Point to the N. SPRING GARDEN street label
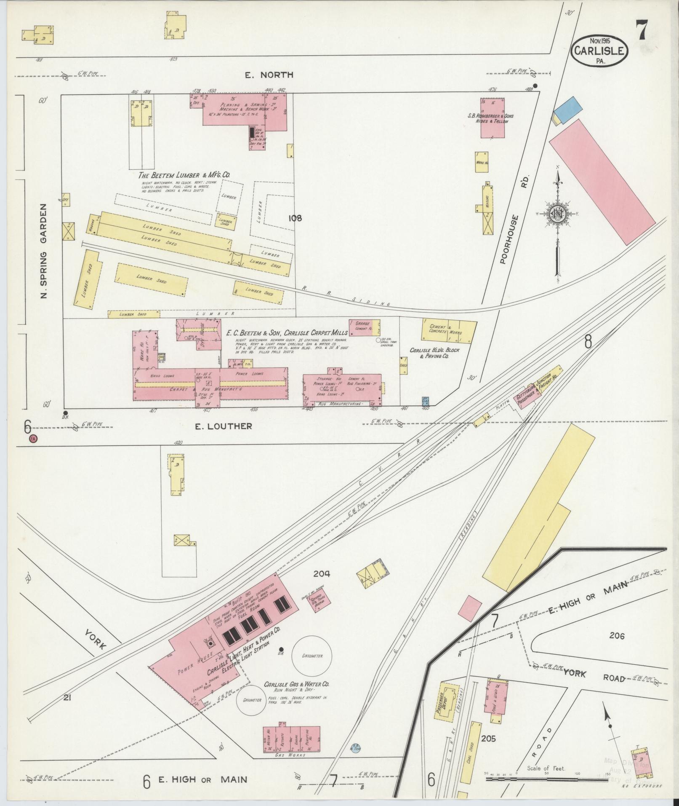click(44, 252)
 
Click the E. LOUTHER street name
click(223, 426)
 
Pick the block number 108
click(296, 218)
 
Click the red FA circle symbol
click(33, 439)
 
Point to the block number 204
click(322, 574)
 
